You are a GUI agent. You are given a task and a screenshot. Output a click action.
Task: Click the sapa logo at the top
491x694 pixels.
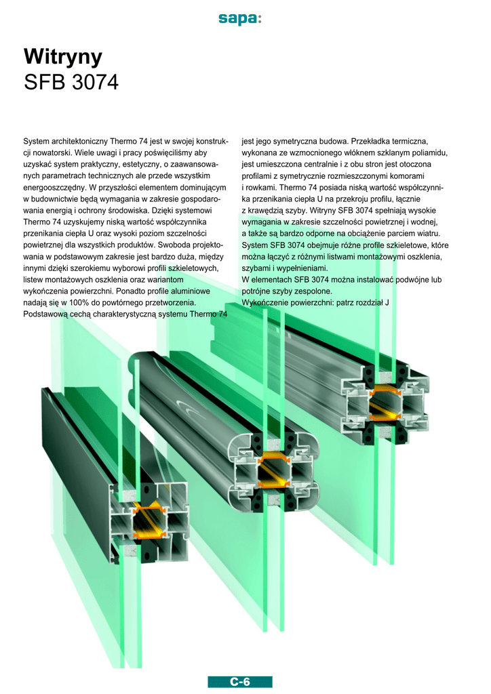point(240,18)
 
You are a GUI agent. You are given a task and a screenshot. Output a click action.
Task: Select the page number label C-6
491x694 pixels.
point(240,682)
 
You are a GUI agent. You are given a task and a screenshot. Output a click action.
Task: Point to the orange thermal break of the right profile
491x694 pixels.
point(386,403)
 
